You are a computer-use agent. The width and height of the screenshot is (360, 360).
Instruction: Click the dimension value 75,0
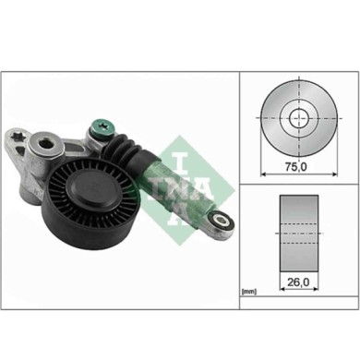294,170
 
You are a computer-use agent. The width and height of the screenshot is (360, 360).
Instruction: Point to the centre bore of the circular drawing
295,118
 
